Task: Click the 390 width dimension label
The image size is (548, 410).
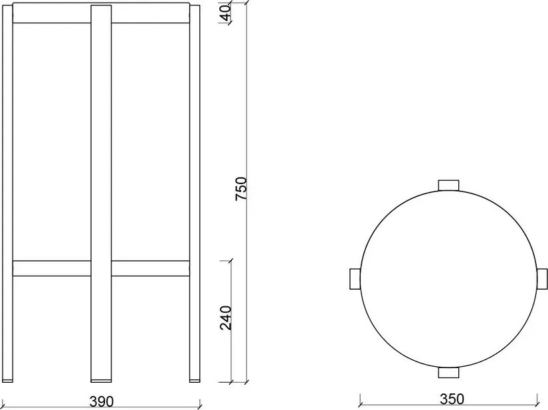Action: pyautogui.click(x=101, y=401)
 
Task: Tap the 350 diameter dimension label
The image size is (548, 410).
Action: pyautogui.click(x=451, y=399)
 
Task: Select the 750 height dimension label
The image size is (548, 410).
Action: pyautogui.click(x=242, y=189)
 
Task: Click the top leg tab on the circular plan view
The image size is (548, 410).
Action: pyautogui.click(x=448, y=185)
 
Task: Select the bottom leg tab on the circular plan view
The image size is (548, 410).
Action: pyautogui.click(x=448, y=373)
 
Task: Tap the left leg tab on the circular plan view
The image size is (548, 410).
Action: pyautogui.click(x=354, y=279)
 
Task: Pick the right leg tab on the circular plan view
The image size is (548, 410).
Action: pyautogui.click(x=542, y=279)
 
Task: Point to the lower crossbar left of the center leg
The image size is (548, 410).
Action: pyautogui.click(x=52, y=268)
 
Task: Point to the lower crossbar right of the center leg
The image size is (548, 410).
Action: pyautogui.click(x=150, y=268)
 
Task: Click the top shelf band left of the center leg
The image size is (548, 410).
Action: pyautogui.click(x=52, y=14)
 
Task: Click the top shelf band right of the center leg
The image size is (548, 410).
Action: pyautogui.click(x=150, y=14)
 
